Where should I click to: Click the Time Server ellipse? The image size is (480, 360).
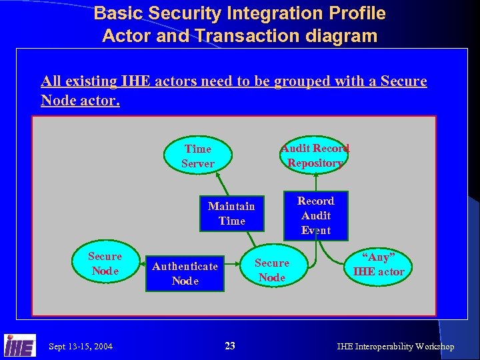pyautogui.click(x=198, y=156)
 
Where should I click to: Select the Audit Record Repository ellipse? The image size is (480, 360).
pyautogui.click(x=315, y=155)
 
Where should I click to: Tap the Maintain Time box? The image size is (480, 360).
pyautogui.click(x=231, y=213)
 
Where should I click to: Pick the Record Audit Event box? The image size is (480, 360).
pyautogui.click(x=315, y=215)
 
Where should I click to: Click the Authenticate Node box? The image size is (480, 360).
pyautogui.click(x=185, y=273)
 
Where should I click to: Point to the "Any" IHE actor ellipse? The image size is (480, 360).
pyautogui.click(x=378, y=264)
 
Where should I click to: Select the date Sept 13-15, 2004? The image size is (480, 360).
pyautogui.click(x=81, y=346)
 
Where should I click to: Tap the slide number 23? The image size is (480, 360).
pyautogui.click(x=230, y=345)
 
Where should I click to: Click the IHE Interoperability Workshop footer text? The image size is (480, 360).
pyautogui.click(x=395, y=346)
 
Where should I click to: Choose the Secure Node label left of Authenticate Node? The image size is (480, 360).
pyautogui.click(x=105, y=263)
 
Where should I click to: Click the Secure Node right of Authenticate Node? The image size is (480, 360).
pyautogui.click(x=272, y=270)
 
